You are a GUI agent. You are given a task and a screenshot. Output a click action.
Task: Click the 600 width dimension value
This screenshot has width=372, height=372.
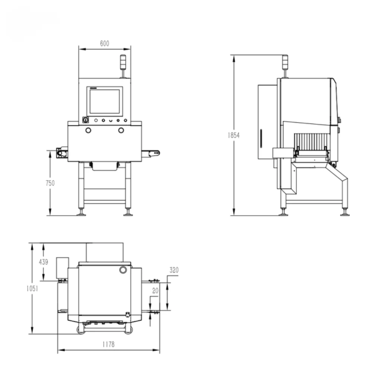[x=105, y=44]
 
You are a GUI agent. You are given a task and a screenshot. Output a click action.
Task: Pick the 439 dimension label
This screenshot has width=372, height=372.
[x=44, y=262]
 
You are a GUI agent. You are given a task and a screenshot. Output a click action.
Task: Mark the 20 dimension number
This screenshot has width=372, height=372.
[x=155, y=291]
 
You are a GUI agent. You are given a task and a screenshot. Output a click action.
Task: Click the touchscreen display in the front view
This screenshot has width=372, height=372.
[x=105, y=101]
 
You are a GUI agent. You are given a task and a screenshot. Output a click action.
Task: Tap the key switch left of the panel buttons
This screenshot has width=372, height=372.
[x=85, y=120]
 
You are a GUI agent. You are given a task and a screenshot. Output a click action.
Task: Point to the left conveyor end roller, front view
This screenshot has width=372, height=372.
[x=60, y=153]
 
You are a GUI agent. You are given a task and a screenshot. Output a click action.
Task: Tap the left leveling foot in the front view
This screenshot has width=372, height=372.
[x=81, y=213]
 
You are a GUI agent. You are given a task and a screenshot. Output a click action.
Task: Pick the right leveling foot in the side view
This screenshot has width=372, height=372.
[x=345, y=213]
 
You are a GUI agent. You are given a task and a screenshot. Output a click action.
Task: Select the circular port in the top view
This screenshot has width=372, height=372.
[x=123, y=270]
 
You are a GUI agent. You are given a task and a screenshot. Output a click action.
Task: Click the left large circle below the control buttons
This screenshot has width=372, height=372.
[x=88, y=130]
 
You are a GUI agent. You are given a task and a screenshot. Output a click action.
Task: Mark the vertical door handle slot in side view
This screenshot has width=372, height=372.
[x=260, y=139]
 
